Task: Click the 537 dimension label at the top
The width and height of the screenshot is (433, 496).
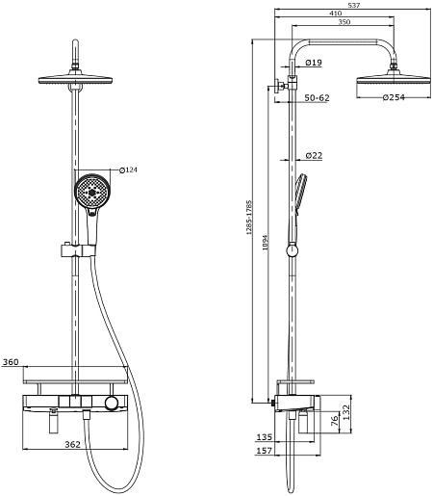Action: click(x=353, y=5)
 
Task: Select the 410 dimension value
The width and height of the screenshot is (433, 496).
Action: click(x=336, y=13)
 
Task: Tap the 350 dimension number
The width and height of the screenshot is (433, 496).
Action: click(x=344, y=22)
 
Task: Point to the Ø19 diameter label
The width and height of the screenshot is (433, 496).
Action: click(x=314, y=63)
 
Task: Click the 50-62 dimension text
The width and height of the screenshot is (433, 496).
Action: click(x=317, y=98)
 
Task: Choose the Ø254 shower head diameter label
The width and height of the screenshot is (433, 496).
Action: click(x=394, y=97)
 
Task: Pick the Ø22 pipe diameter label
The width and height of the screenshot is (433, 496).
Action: click(x=314, y=156)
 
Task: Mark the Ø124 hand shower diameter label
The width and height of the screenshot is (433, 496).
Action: click(x=128, y=170)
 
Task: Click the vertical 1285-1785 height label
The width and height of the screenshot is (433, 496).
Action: click(x=249, y=218)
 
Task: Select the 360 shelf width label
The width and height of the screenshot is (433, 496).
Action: click(x=11, y=362)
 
